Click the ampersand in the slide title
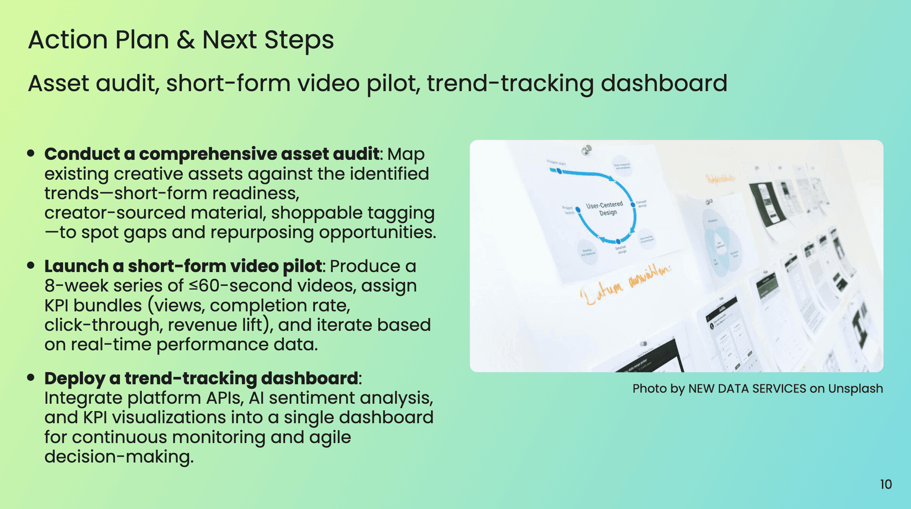(x=186, y=40)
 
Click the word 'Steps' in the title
(x=299, y=40)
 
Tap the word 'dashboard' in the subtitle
(x=664, y=84)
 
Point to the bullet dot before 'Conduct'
(x=31, y=153)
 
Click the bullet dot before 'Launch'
(x=31, y=265)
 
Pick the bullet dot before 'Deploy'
(x=31, y=378)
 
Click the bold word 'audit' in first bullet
(x=355, y=154)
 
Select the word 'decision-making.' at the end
(x=119, y=457)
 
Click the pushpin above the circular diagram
(x=587, y=150)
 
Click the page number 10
(x=885, y=484)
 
